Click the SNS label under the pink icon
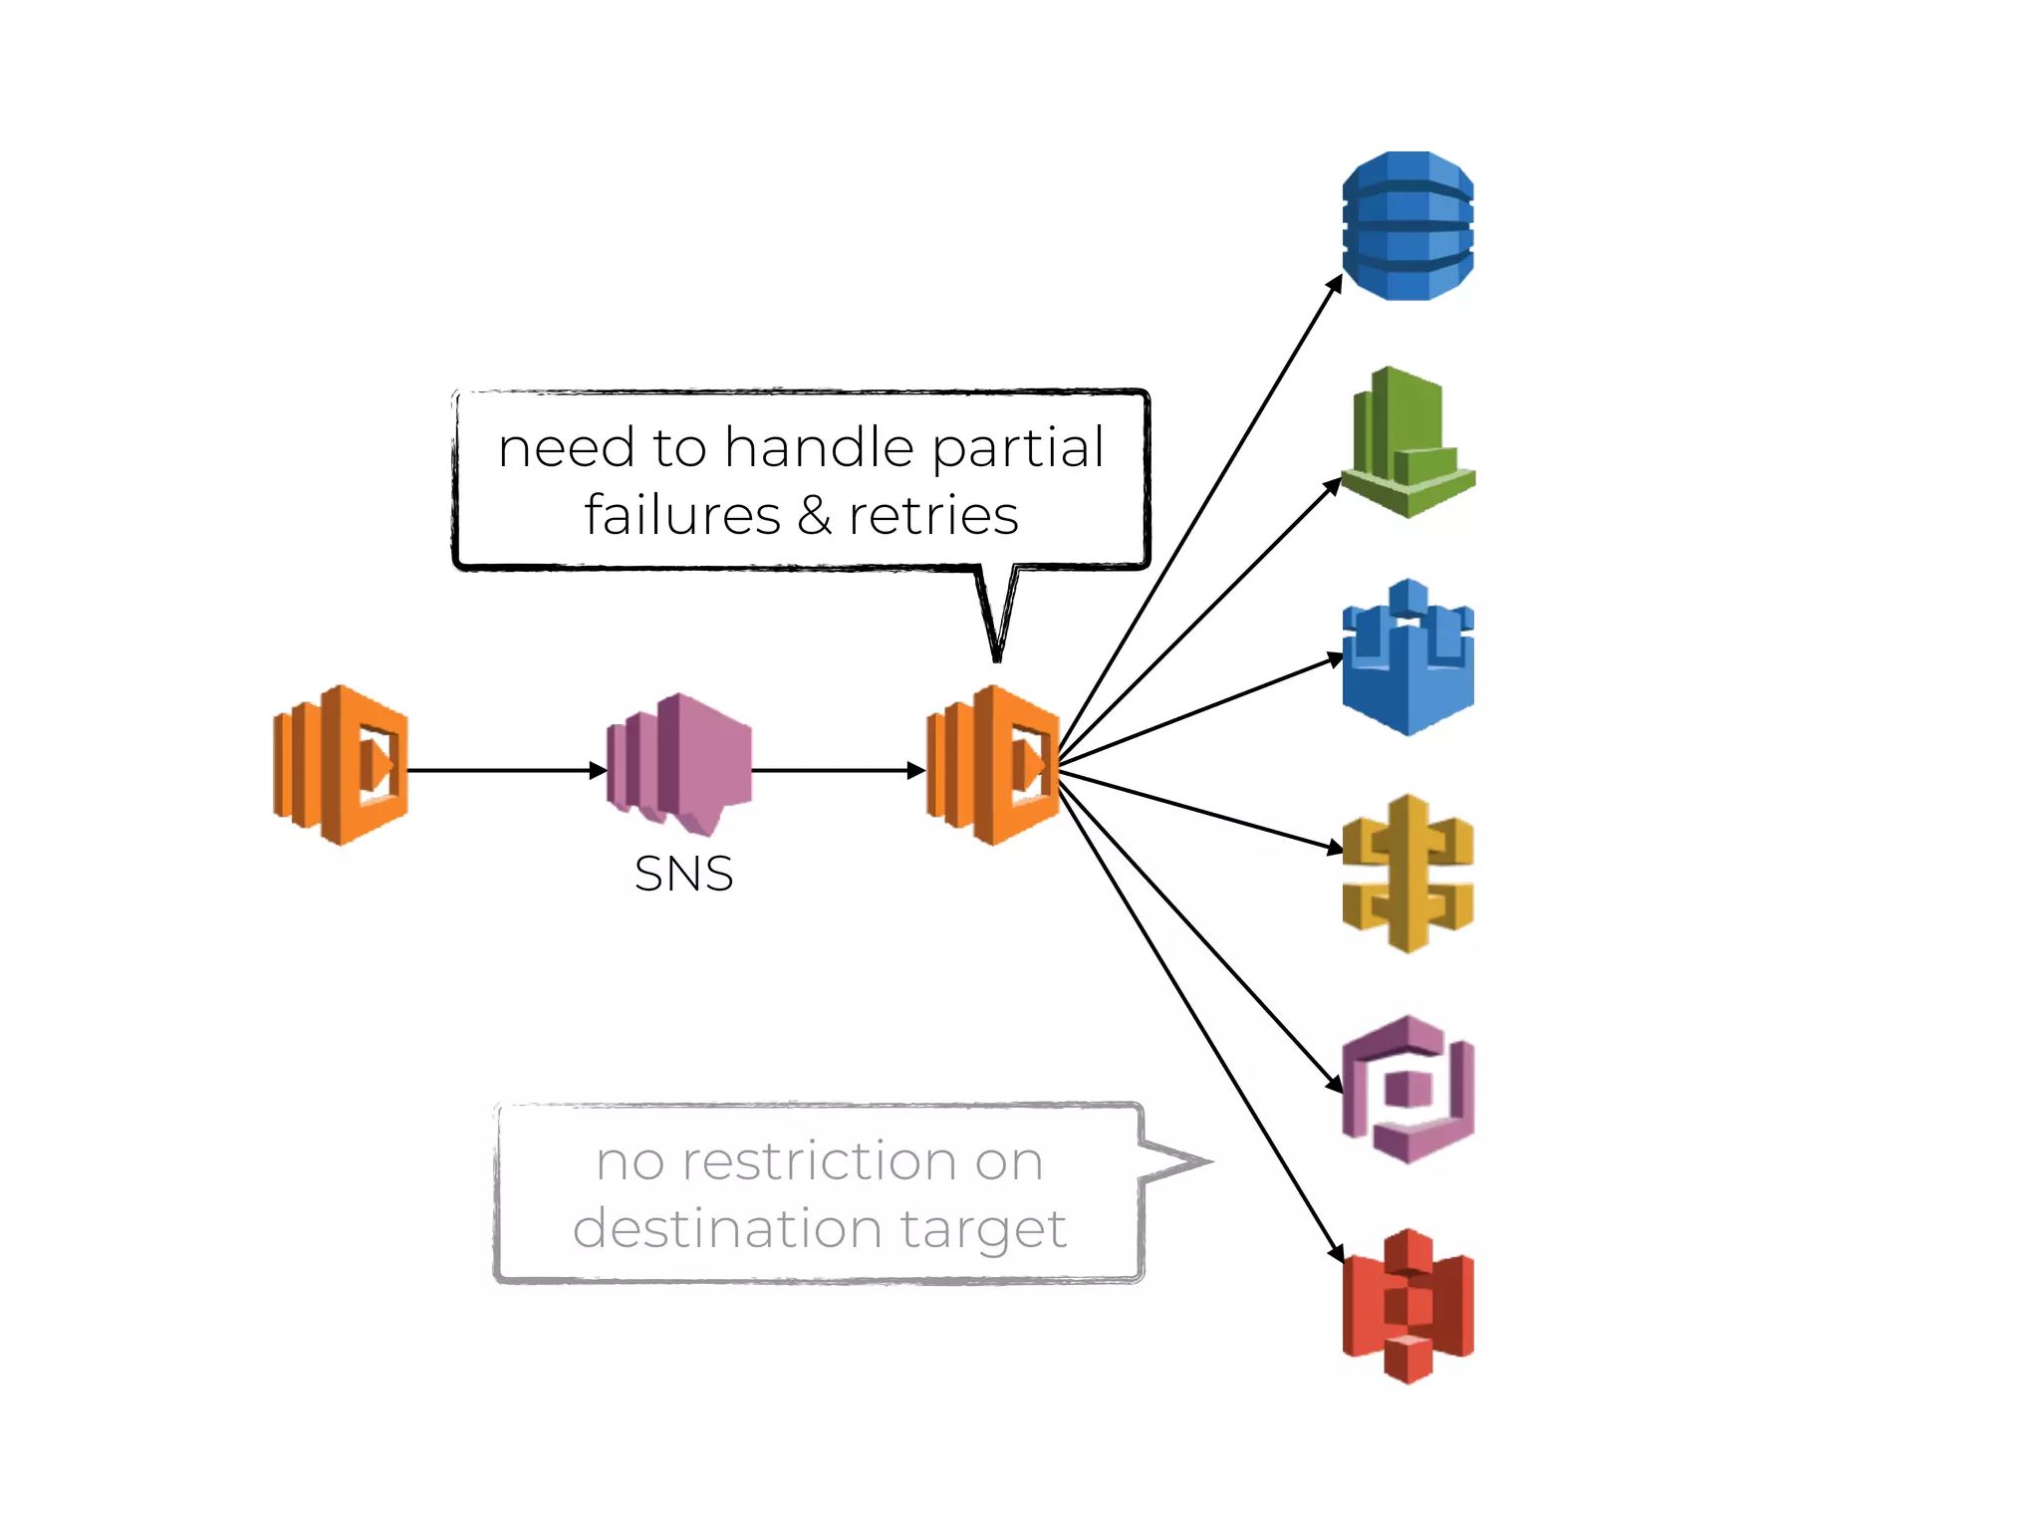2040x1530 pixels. click(x=683, y=874)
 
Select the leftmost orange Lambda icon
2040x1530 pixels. click(x=341, y=765)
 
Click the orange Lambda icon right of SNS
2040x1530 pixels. click(x=993, y=765)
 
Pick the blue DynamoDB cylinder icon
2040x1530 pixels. click(x=1407, y=226)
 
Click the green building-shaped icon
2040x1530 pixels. click(x=1406, y=443)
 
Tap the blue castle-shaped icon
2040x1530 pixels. click(x=1407, y=658)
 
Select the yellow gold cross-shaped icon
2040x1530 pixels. click(x=1407, y=874)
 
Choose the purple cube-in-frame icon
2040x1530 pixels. click(x=1407, y=1089)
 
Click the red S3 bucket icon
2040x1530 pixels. click(x=1407, y=1305)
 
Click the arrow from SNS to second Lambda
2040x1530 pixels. click(x=837, y=770)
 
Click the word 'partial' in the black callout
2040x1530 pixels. click(x=1018, y=447)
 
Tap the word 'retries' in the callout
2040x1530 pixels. click(x=933, y=515)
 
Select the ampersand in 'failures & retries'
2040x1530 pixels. click(x=814, y=515)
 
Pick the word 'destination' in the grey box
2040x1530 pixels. click(x=727, y=1227)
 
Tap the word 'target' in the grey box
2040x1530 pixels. click(x=983, y=1229)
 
